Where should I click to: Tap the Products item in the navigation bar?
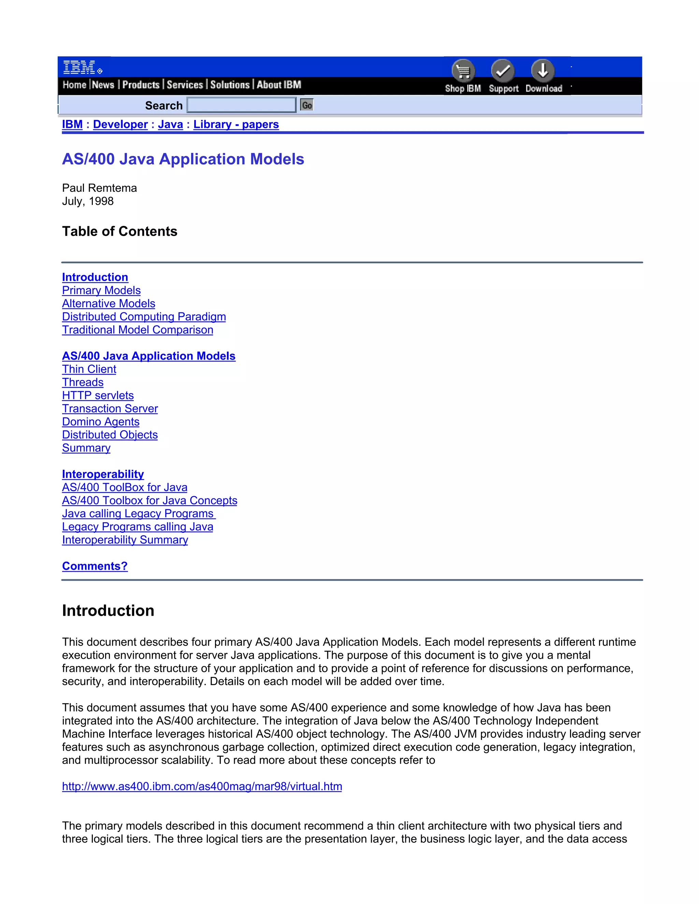click(141, 85)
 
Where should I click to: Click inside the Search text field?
click(241, 105)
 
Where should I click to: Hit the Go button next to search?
click(307, 105)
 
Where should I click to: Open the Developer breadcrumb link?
click(120, 124)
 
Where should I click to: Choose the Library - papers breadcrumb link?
click(236, 124)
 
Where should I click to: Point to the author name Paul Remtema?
click(99, 188)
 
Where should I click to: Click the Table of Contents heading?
click(120, 231)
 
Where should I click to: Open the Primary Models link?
click(101, 290)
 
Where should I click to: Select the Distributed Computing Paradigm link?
click(144, 317)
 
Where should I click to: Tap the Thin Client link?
click(89, 369)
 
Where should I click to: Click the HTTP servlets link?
click(98, 395)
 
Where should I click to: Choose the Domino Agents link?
click(101, 422)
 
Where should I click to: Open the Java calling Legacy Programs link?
click(138, 514)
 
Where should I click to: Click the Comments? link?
click(95, 566)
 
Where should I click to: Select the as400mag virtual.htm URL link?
click(202, 786)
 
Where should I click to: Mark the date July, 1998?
click(88, 201)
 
